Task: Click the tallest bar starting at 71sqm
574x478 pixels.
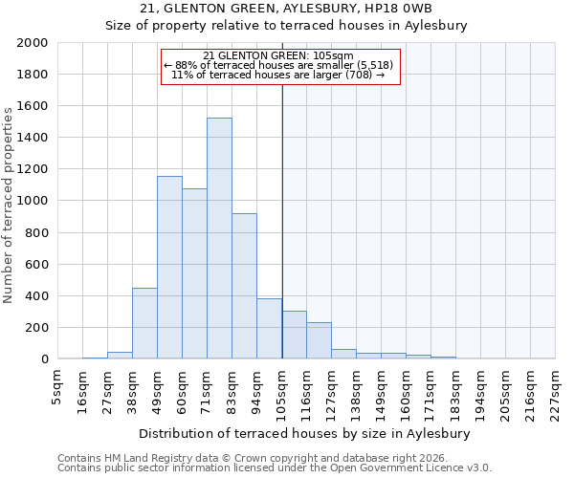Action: [x=219, y=238]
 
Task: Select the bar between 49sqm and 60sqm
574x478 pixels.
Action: [x=169, y=268]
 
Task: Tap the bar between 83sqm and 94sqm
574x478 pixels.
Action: [x=244, y=286]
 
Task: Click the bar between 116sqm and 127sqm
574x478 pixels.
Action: [x=319, y=340]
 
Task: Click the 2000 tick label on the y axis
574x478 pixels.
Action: [x=33, y=43]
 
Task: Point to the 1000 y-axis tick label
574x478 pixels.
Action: [x=33, y=201]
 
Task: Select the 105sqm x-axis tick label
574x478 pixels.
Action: [x=281, y=391]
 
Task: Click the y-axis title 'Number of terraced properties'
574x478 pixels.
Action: [x=9, y=206]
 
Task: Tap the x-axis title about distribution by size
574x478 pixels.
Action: [x=311, y=433]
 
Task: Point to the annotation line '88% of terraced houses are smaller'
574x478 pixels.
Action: [x=279, y=65]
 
